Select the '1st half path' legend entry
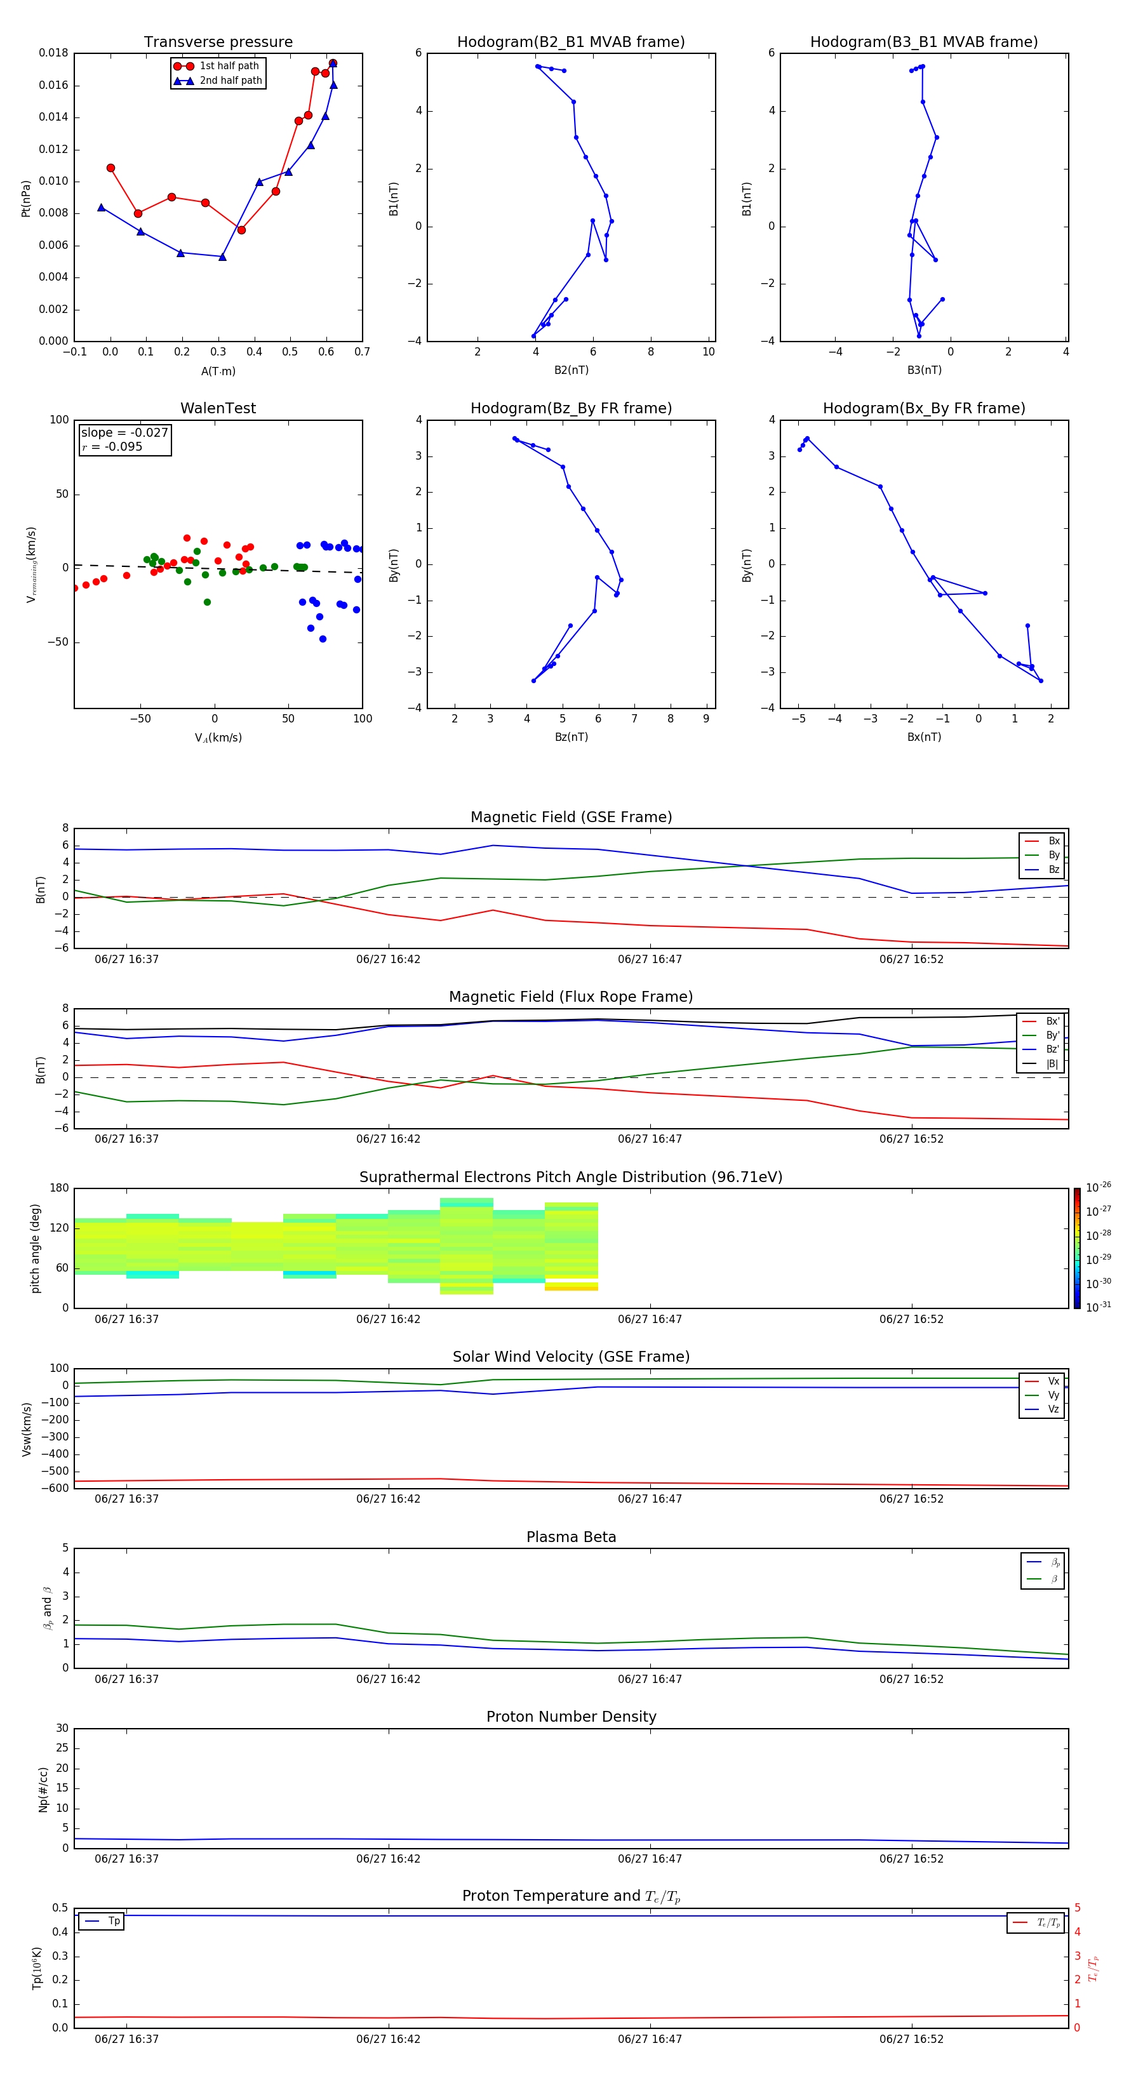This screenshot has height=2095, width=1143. point(229,66)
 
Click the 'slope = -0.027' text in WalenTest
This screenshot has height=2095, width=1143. point(124,433)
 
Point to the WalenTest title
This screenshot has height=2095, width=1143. point(218,408)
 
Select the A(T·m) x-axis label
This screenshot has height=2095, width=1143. point(218,371)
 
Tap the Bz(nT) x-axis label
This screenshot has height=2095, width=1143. point(571,737)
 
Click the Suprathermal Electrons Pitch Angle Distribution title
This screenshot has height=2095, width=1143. point(570,1177)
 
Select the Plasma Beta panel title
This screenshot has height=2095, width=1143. point(571,1537)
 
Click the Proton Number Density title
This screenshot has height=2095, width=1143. point(571,1717)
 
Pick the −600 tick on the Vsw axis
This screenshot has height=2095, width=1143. point(54,1488)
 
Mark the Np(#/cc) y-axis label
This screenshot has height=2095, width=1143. point(43,1788)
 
